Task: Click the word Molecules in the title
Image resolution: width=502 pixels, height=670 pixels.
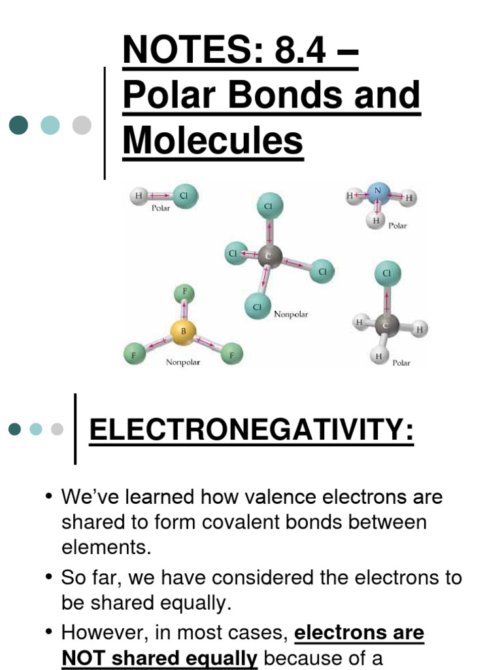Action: click(213, 140)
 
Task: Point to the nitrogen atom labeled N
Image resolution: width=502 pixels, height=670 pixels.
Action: click(378, 192)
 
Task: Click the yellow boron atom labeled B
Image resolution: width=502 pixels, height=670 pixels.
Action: click(184, 331)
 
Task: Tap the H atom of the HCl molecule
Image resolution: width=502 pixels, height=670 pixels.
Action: click(139, 195)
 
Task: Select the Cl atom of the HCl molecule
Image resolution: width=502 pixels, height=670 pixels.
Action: click(184, 195)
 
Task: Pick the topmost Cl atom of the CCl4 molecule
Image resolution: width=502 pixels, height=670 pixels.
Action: click(268, 207)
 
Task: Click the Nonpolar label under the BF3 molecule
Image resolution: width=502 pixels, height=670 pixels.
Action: click(183, 362)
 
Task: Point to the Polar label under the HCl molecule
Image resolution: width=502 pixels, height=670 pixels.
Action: click(161, 208)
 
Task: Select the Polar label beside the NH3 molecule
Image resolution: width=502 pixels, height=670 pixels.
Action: click(397, 226)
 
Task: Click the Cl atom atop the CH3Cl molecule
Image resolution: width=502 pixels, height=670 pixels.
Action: click(386, 273)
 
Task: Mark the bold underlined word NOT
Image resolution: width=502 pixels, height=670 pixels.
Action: click(82, 658)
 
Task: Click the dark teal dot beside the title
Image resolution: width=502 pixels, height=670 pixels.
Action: click(18, 125)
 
